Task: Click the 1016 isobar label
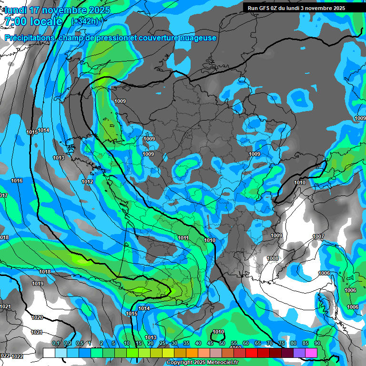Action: pos(17,181)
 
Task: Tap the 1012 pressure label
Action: pos(87,182)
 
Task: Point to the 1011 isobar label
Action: pos(183,238)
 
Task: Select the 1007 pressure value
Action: pos(318,237)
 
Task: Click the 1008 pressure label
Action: pos(273,258)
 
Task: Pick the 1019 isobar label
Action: pos(38,284)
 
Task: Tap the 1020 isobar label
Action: pos(37,317)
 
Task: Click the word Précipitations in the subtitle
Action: pos(29,38)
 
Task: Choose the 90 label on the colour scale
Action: pos(317,344)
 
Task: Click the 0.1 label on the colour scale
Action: pos(56,344)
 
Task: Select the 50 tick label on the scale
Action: pos(222,344)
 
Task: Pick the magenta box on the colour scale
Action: pos(311,353)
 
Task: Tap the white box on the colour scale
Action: pos(49,353)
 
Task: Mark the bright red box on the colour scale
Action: pos(252,353)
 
